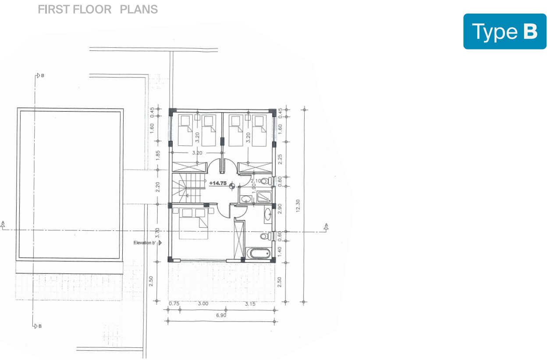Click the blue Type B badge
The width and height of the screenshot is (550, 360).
pos(505,32)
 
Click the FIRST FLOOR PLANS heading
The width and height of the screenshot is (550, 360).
pos(98,9)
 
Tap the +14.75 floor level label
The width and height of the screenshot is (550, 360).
pos(218,183)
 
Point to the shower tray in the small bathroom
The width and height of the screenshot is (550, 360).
pos(264,197)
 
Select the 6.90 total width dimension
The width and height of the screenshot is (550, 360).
pos(221,315)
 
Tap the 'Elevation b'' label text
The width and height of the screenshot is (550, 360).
pos(145,242)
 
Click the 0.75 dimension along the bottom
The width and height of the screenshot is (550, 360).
pos(174,304)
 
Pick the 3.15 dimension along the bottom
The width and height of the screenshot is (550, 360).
pos(250,304)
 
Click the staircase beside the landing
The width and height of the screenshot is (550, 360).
pos(188,188)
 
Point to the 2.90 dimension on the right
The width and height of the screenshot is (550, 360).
pos(280,208)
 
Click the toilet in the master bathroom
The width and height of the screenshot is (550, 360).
pos(264,236)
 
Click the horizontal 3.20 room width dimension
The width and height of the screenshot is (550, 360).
pos(197,153)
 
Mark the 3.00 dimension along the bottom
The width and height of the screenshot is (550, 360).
pos(203,304)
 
